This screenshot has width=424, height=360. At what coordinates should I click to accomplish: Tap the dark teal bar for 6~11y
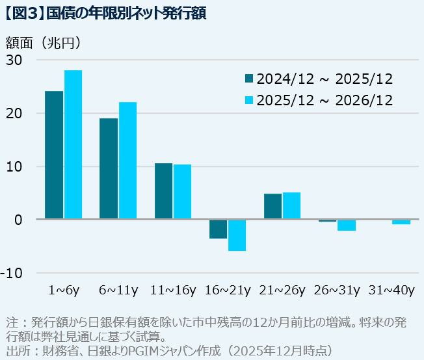109,168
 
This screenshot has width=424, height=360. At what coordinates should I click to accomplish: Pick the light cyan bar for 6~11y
127,161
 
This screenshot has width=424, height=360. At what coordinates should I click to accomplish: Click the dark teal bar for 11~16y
163,191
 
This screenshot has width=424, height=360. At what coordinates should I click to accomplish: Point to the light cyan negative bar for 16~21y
237,235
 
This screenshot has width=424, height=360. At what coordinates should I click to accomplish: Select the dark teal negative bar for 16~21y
218,229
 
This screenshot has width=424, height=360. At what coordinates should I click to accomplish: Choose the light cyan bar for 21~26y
291,206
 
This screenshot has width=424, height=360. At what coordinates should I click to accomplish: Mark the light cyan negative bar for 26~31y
347,225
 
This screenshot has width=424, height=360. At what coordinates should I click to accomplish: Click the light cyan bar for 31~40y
401,222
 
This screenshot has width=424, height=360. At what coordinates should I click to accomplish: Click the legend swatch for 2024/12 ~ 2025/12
249,79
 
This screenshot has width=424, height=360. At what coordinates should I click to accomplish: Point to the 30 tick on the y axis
14,60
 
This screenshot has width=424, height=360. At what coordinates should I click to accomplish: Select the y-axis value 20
14,113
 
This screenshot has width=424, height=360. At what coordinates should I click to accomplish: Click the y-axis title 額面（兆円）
44,43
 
